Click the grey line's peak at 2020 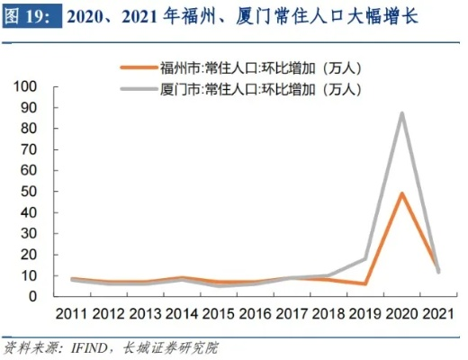[401, 113]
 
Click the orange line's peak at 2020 [401, 193]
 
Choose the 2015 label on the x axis [218, 314]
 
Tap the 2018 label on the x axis [328, 314]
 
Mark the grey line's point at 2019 [364, 259]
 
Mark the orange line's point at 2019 [364, 283]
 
